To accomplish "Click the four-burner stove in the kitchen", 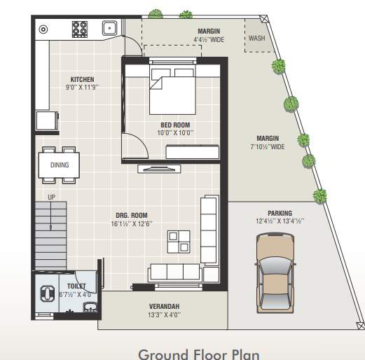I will tap(80, 29).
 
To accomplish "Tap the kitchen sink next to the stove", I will tap(109, 29).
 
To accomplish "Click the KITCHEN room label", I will tap(82, 79).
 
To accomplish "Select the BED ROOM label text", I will tap(175, 125).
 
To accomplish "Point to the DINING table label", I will tap(60, 165).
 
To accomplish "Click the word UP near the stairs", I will tap(51, 197).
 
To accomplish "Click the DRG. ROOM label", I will tap(132, 216).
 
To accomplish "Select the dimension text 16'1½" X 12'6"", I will tap(132, 224).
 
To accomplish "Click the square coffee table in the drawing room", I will tap(179, 241).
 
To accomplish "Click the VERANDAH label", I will tap(165, 307).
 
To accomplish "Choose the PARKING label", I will tap(280, 213).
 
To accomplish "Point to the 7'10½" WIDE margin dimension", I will tap(268, 147).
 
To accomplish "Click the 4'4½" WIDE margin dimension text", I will tap(209, 40).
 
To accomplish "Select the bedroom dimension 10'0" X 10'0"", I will tap(175, 132).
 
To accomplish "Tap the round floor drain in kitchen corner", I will tap(43, 29).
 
